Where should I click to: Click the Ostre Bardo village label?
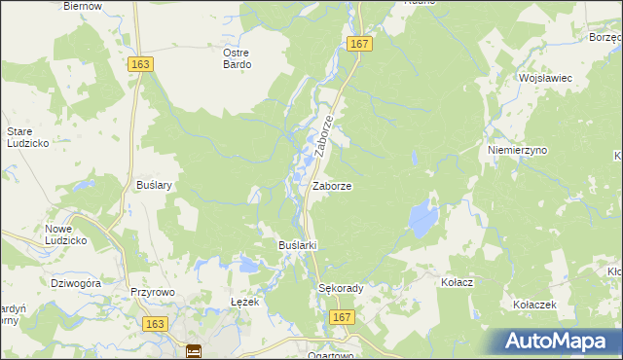pyautogui.click(x=237, y=58)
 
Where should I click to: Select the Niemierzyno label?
pyautogui.click(x=517, y=151)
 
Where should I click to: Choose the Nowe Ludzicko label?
pyautogui.click(x=67, y=234)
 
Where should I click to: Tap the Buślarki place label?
pyautogui.click(x=299, y=245)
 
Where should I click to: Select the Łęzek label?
pyautogui.click(x=244, y=303)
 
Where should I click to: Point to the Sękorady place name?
pyautogui.click(x=341, y=289)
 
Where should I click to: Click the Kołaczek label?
pyautogui.click(x=534, y=305)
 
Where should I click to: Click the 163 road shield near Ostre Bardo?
pyautogui.click(x=140, y=62)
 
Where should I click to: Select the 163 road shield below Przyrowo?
pyautogui.click(x=153, y=322)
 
